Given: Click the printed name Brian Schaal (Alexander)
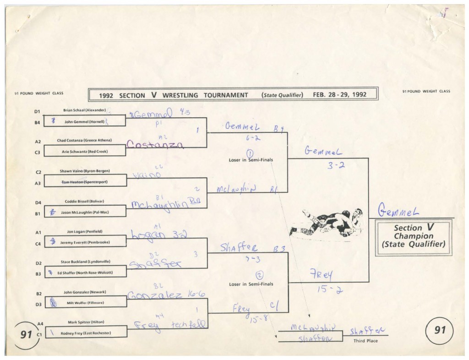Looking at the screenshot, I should pos(84,110).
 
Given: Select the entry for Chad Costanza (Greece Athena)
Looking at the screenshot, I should pos(84,140).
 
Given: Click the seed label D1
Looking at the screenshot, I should pos(38,111).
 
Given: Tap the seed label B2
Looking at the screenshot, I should pos(38,293).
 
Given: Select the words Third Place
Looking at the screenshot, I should pos(365,341).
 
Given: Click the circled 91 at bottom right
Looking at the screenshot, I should pos(439,330).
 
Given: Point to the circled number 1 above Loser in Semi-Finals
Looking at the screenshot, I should pos(250,153).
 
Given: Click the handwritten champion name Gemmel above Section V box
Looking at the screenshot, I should pos(397,211).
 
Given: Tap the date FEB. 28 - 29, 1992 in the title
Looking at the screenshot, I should pos(340,95).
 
